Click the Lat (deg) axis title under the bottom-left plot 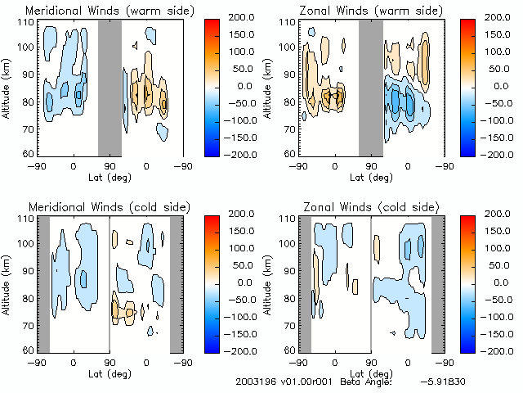point(110,374)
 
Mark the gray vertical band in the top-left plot point(110,87)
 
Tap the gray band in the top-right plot point(370,87)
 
